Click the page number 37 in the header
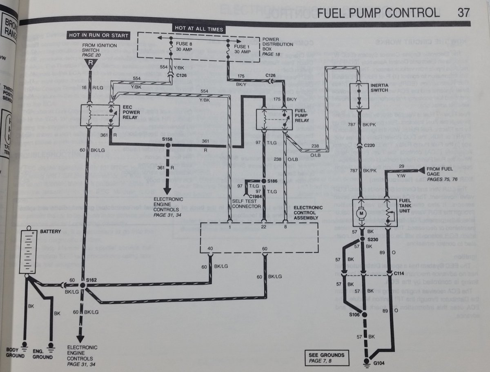[464, 13]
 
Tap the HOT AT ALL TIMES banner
[199, 29]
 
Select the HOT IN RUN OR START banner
[98, 36]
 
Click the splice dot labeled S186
[264, 180]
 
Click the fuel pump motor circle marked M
[361, 213]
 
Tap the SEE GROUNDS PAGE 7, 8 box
[327, 357]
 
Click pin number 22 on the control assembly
[263, 227]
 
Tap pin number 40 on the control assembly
[210, 248]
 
